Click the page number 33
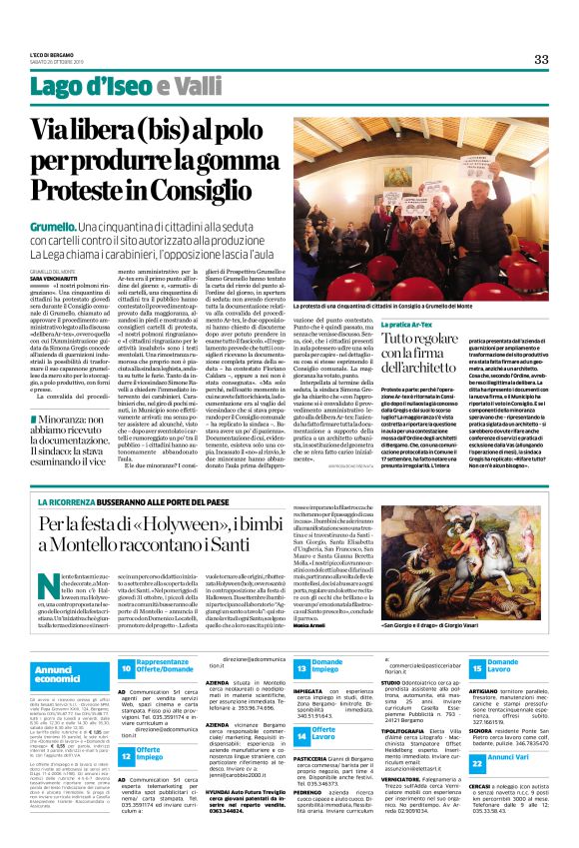541,59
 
